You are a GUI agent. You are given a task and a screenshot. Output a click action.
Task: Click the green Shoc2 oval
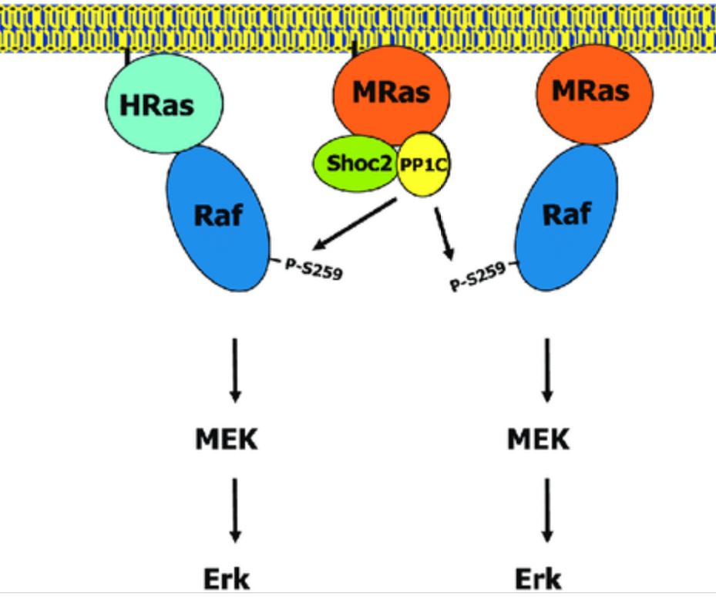[x=354, y=164]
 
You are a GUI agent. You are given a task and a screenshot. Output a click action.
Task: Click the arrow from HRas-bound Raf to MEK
[x=236, y=369]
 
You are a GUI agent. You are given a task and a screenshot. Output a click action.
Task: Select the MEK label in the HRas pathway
[x=225, y=440]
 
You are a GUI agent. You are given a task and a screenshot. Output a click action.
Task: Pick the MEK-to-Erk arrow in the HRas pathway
[x=236, y=508]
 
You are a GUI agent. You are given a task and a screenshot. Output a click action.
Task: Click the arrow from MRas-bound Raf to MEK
[x=547, y=369]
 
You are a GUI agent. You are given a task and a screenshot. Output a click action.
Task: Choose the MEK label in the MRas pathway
[x=538, y=440]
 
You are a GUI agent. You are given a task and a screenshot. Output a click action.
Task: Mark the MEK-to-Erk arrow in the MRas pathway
[x=547, y=508]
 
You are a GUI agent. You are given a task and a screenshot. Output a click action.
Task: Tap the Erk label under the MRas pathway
[x=538, y=578]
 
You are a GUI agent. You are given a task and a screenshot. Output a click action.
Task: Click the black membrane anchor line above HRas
[x=126, y=57]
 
